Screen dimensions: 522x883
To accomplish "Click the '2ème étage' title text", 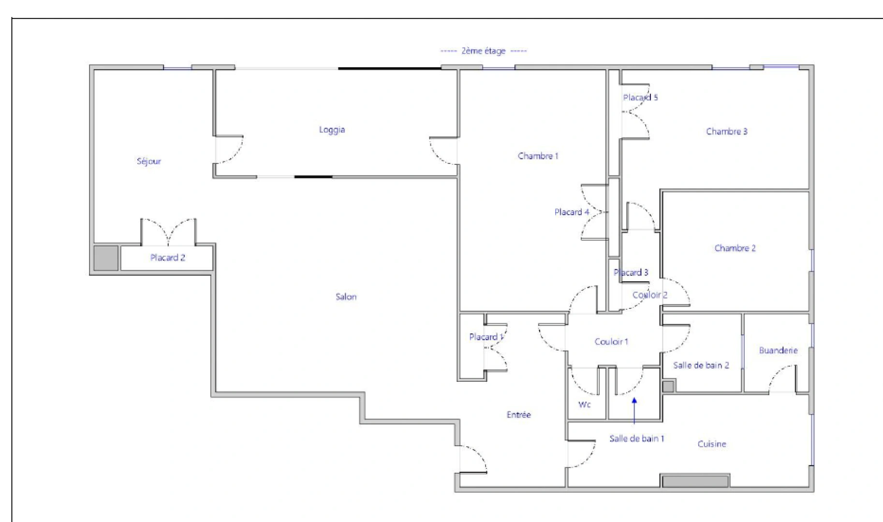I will coord(483,51).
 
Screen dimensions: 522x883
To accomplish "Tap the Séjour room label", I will coord(148,161).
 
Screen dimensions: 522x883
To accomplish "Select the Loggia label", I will coord(332,130).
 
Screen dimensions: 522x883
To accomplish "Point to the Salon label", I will coord(346,297).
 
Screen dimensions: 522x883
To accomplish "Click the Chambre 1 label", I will coord(538,156).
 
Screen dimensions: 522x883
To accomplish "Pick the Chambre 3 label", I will coord(726,131).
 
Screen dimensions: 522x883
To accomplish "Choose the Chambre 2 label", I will coord(735,248).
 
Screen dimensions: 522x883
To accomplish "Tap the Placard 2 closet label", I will coord(167,258).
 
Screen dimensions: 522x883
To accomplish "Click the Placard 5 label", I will coord(640,98).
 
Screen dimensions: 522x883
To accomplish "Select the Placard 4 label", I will coord(572,212).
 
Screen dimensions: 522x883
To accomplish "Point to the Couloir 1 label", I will coord(611,342).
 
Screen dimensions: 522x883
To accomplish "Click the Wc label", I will coord(584,405).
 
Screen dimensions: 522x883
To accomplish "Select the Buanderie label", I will coord(778,350).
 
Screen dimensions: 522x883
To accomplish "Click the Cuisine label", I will coord(711,444).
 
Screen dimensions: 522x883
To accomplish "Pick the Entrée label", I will coord(518,415).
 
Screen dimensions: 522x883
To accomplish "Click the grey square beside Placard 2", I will coord(106,258).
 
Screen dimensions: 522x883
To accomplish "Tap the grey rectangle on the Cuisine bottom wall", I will coord(695,481).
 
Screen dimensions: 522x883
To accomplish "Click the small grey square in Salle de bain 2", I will coord(668,386).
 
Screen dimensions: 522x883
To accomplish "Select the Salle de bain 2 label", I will coord(701,365).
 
